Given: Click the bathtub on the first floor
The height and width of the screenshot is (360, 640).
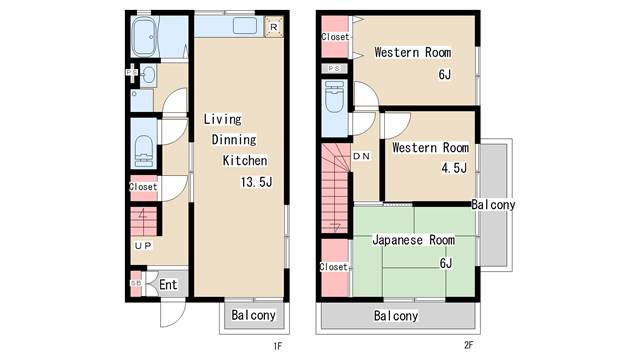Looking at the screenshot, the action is coord(144,37).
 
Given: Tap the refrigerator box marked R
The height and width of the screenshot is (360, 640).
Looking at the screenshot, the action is coord(273,27).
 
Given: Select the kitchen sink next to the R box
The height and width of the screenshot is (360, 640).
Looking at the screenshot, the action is coord(245,26).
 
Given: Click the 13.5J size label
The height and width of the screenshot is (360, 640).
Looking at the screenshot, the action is coord(256,182).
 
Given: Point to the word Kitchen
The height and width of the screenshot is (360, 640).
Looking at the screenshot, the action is coord(245,160).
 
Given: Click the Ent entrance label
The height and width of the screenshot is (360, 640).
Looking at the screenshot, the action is coord(168,284).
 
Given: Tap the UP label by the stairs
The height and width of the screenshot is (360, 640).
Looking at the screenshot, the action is coord(143,245).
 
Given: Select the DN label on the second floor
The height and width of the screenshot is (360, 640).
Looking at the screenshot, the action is coord(361,156).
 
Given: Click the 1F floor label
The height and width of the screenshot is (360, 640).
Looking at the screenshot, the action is coord(278,346).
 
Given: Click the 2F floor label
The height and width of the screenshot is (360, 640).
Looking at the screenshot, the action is coord(469,345).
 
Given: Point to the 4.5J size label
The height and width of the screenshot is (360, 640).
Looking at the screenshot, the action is coord(454,168).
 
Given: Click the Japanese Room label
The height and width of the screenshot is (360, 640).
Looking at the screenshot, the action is coord(413,240).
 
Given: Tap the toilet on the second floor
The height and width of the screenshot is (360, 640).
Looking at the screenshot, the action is coord(335,96).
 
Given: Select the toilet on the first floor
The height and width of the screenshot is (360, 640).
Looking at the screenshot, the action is coord(144,151).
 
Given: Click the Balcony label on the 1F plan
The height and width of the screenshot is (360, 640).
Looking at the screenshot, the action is coord(253,315).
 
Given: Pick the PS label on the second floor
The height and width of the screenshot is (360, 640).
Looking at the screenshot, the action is coord(334,69).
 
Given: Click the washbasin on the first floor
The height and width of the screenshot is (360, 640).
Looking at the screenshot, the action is coord(148,75).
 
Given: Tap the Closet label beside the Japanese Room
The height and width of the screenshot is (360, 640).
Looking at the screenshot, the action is coord(333,267).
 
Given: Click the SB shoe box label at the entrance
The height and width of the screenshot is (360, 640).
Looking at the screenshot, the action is coord(136,283).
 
